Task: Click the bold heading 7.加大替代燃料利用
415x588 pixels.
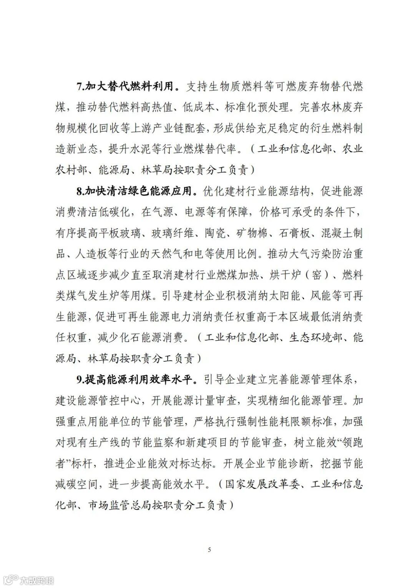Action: pyautogui.click(x=128, y=87)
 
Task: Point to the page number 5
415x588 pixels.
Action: pyautogui.click(x=209, y=550)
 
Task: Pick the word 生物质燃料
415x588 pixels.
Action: pyautogui.click(x=235, y=87)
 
